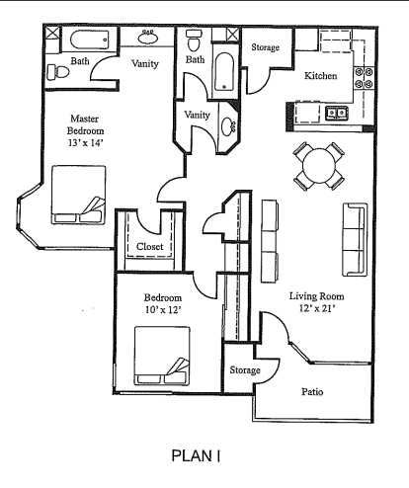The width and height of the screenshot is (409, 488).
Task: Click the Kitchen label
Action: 320,76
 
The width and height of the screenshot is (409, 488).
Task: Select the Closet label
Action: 150,247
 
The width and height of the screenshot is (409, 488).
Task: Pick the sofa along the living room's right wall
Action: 354,240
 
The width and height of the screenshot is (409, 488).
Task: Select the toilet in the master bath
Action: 59,71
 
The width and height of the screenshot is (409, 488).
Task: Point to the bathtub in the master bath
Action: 90,42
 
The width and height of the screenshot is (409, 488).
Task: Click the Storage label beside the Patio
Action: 245,370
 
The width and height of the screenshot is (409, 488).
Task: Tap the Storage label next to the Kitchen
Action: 264,47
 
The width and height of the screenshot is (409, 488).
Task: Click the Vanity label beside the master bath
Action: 147,64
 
